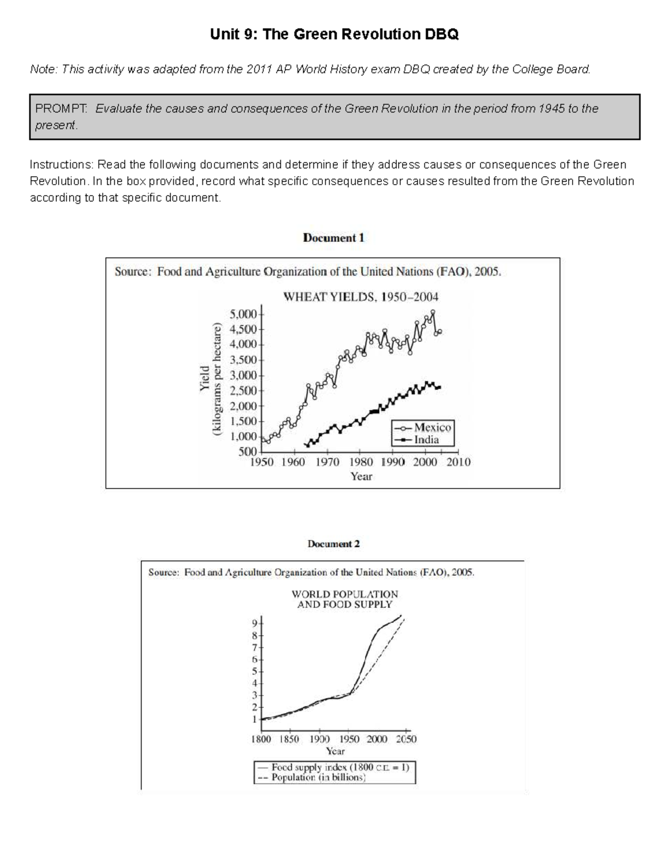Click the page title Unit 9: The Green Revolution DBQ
click(334, 35)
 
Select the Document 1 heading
click(333, 238)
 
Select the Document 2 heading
click(333, 544)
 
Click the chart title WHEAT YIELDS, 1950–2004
click(361, 297)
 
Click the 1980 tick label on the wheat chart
click(361, 462)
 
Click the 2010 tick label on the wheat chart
click(458, 462)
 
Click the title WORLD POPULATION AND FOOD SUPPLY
click(345, 599)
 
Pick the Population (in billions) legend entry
click(318, 777)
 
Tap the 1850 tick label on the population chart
click(289, 739)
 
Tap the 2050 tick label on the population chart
click(406, 739)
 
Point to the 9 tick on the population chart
click(255, 623)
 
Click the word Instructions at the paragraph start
click(61, 165)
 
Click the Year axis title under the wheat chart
click(361, 477)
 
